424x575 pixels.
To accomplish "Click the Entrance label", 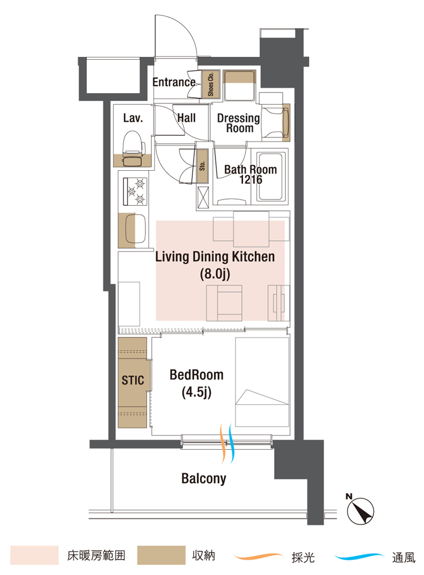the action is [x=174, y=82].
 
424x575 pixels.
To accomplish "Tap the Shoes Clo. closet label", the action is [x=210, y=84].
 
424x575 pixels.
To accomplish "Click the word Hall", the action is [x=187, y=118].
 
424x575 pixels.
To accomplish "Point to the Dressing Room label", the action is [x=238, y=123].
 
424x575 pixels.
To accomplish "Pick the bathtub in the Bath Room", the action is [x=272, y=177].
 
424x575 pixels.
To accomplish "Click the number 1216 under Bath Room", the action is [x=251, y=179].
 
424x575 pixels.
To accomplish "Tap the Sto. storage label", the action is [x=202, y=166].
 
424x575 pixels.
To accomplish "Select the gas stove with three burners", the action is [x=135, y=191].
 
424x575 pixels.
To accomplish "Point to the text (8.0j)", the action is [x=215, y=274].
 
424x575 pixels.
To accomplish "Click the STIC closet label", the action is [x=133, y=380].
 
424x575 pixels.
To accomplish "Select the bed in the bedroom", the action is [x=262, y=382].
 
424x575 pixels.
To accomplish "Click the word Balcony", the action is [x=204, y=478].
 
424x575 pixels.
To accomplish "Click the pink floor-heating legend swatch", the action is [x=34, y=555].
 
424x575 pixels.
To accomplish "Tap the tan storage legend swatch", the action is [x=161, y=555].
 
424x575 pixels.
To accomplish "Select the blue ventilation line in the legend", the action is [x=359, y=557].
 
